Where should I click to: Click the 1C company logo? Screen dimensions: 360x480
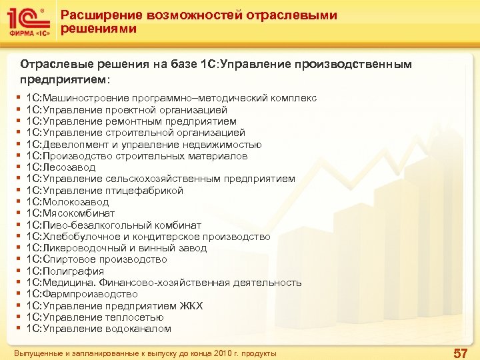27,22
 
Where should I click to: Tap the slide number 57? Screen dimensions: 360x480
460,353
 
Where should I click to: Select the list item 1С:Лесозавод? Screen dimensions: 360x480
61,167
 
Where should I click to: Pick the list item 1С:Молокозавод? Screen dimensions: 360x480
67,202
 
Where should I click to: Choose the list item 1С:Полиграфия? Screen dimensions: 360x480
65,271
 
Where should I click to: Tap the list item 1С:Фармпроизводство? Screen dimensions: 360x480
82,294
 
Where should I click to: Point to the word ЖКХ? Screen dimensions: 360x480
191,306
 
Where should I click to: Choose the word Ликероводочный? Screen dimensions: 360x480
79,248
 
